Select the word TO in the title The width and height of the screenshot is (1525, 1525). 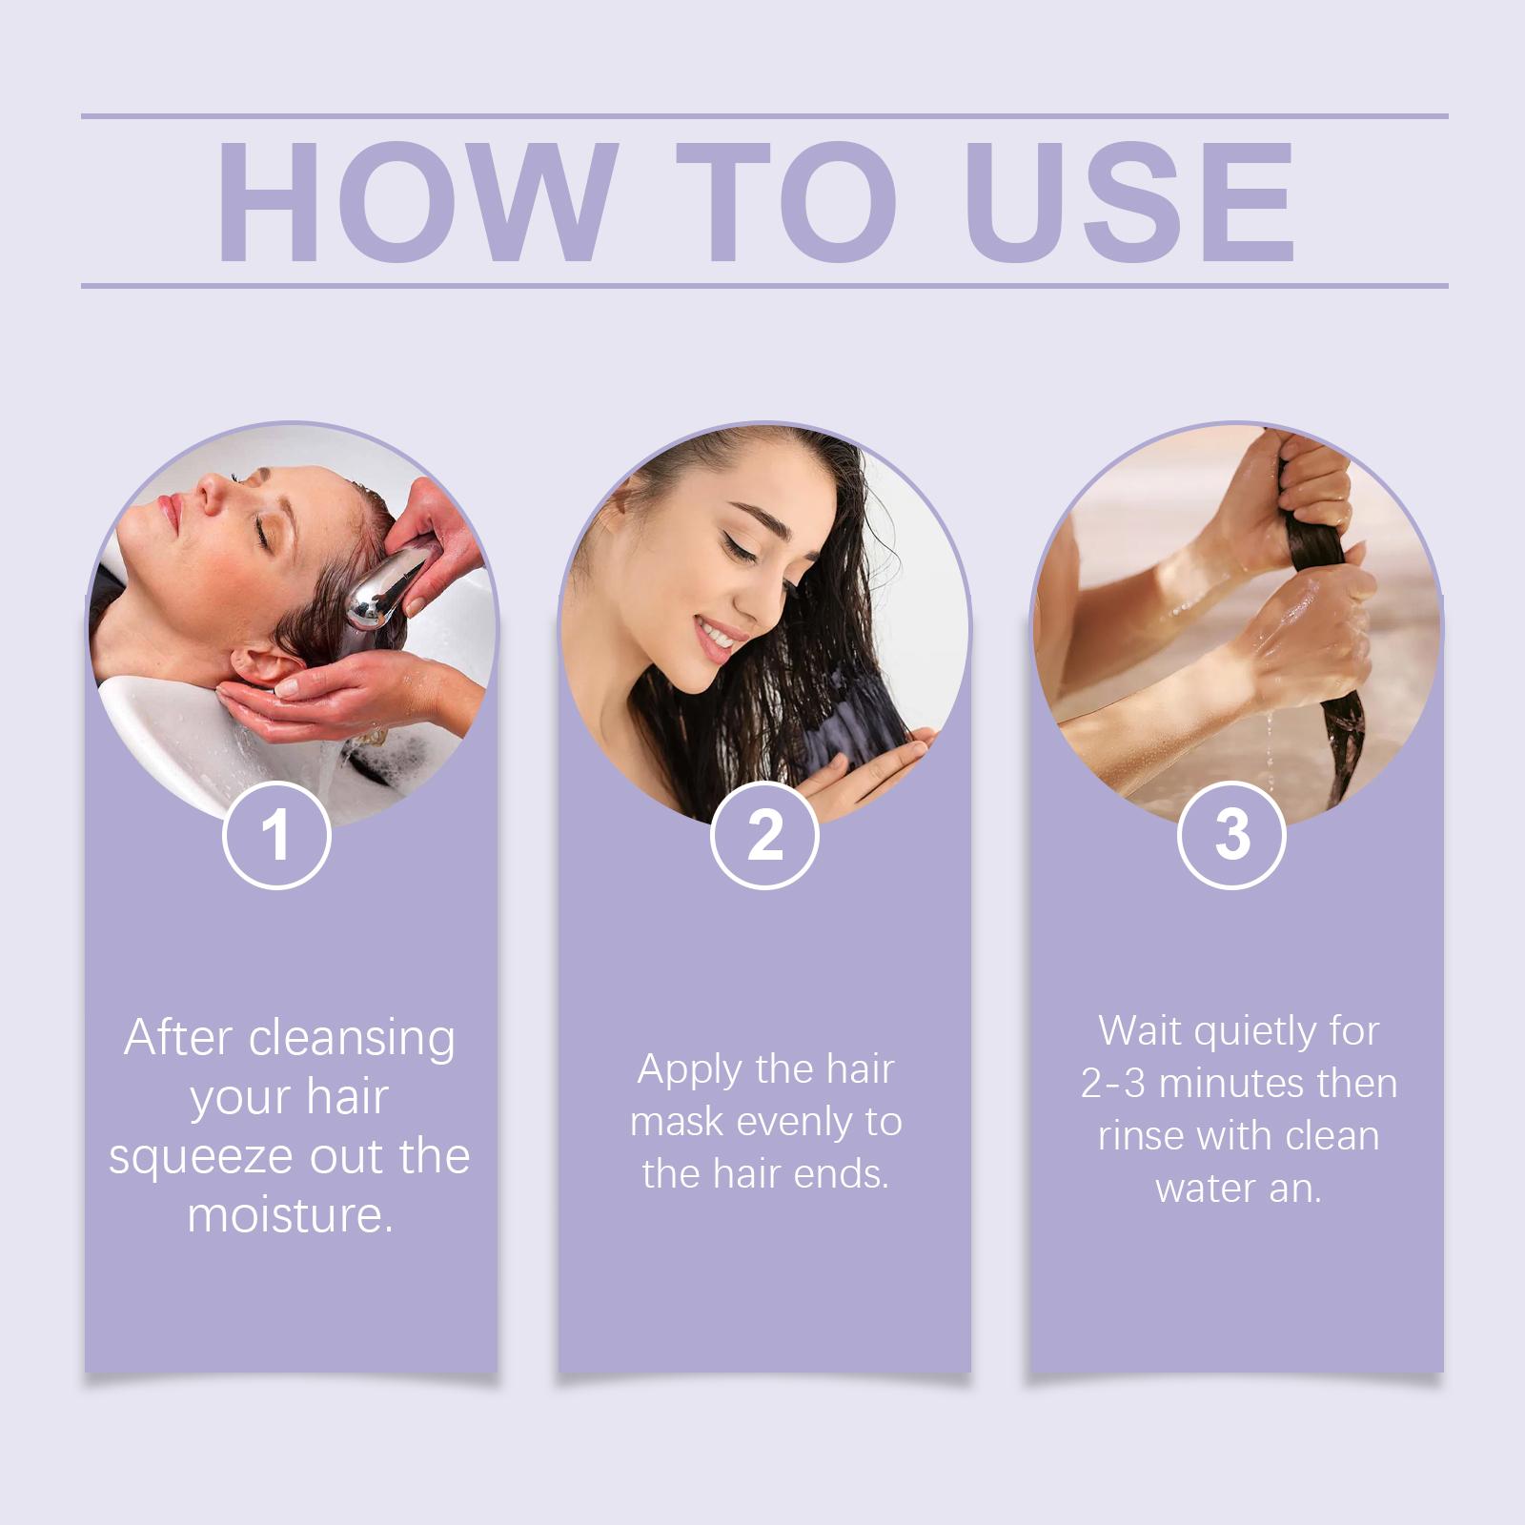[x=787, y=201]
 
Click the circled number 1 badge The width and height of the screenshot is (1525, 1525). [x=276, y=835]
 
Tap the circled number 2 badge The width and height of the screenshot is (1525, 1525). [x=764, y=835]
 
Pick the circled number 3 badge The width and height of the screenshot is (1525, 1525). [x=1231, y=835]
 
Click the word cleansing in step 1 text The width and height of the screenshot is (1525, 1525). [x=352, y=1040]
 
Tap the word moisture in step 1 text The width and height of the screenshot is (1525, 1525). [x=290, y=1216]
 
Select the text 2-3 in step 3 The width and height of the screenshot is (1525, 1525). [x=1113, y=1085]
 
